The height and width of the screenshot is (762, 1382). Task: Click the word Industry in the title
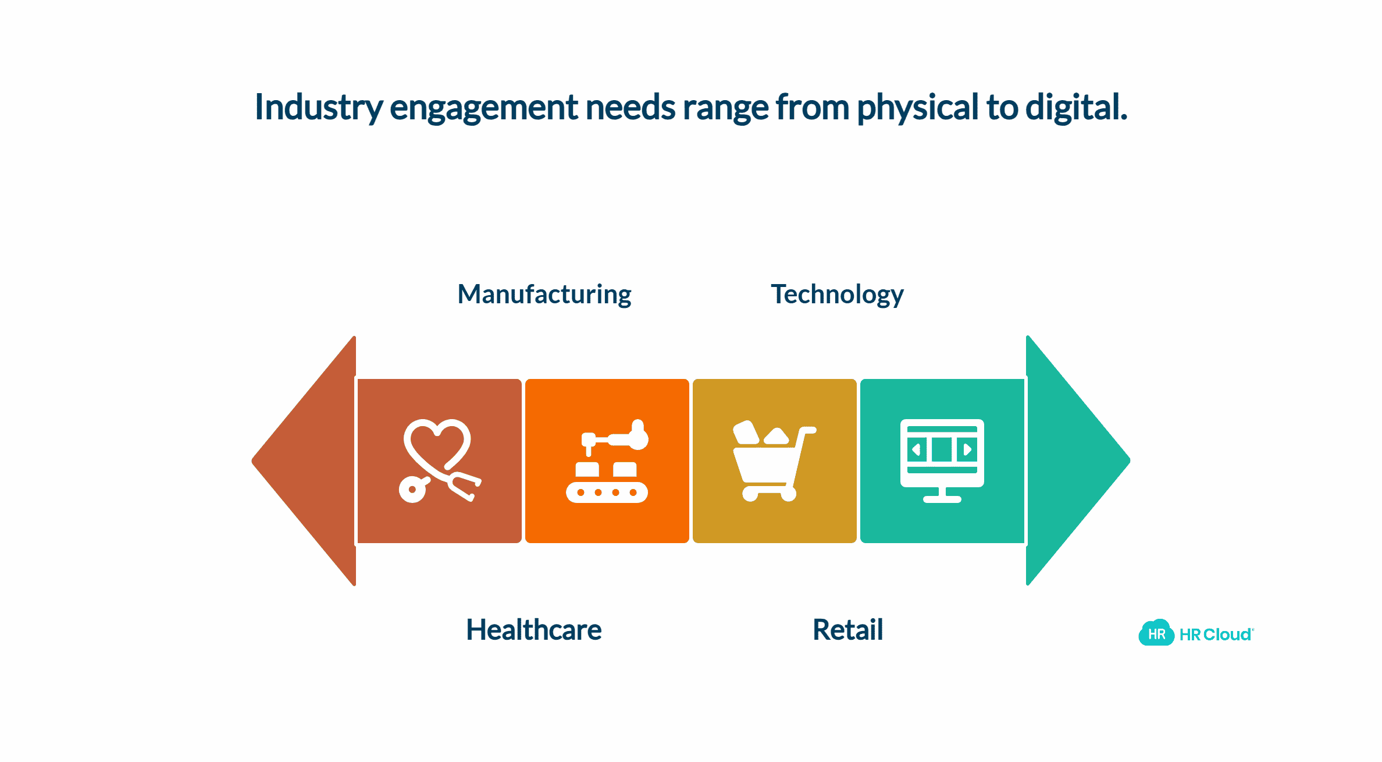(319, 108)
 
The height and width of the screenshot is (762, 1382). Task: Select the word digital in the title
(1075, 108)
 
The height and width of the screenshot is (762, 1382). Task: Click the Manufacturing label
(544, 295)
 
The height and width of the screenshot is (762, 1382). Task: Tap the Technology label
(837, 295)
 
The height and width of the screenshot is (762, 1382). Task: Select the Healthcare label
(534, 630)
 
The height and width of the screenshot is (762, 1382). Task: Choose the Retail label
(847, 630)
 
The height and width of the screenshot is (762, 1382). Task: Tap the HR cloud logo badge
(1156, 633)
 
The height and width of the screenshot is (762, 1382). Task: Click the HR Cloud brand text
(1216, 635)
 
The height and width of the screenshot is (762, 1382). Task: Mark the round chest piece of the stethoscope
(412, 490)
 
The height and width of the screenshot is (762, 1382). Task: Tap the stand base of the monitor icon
(942, 499)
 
